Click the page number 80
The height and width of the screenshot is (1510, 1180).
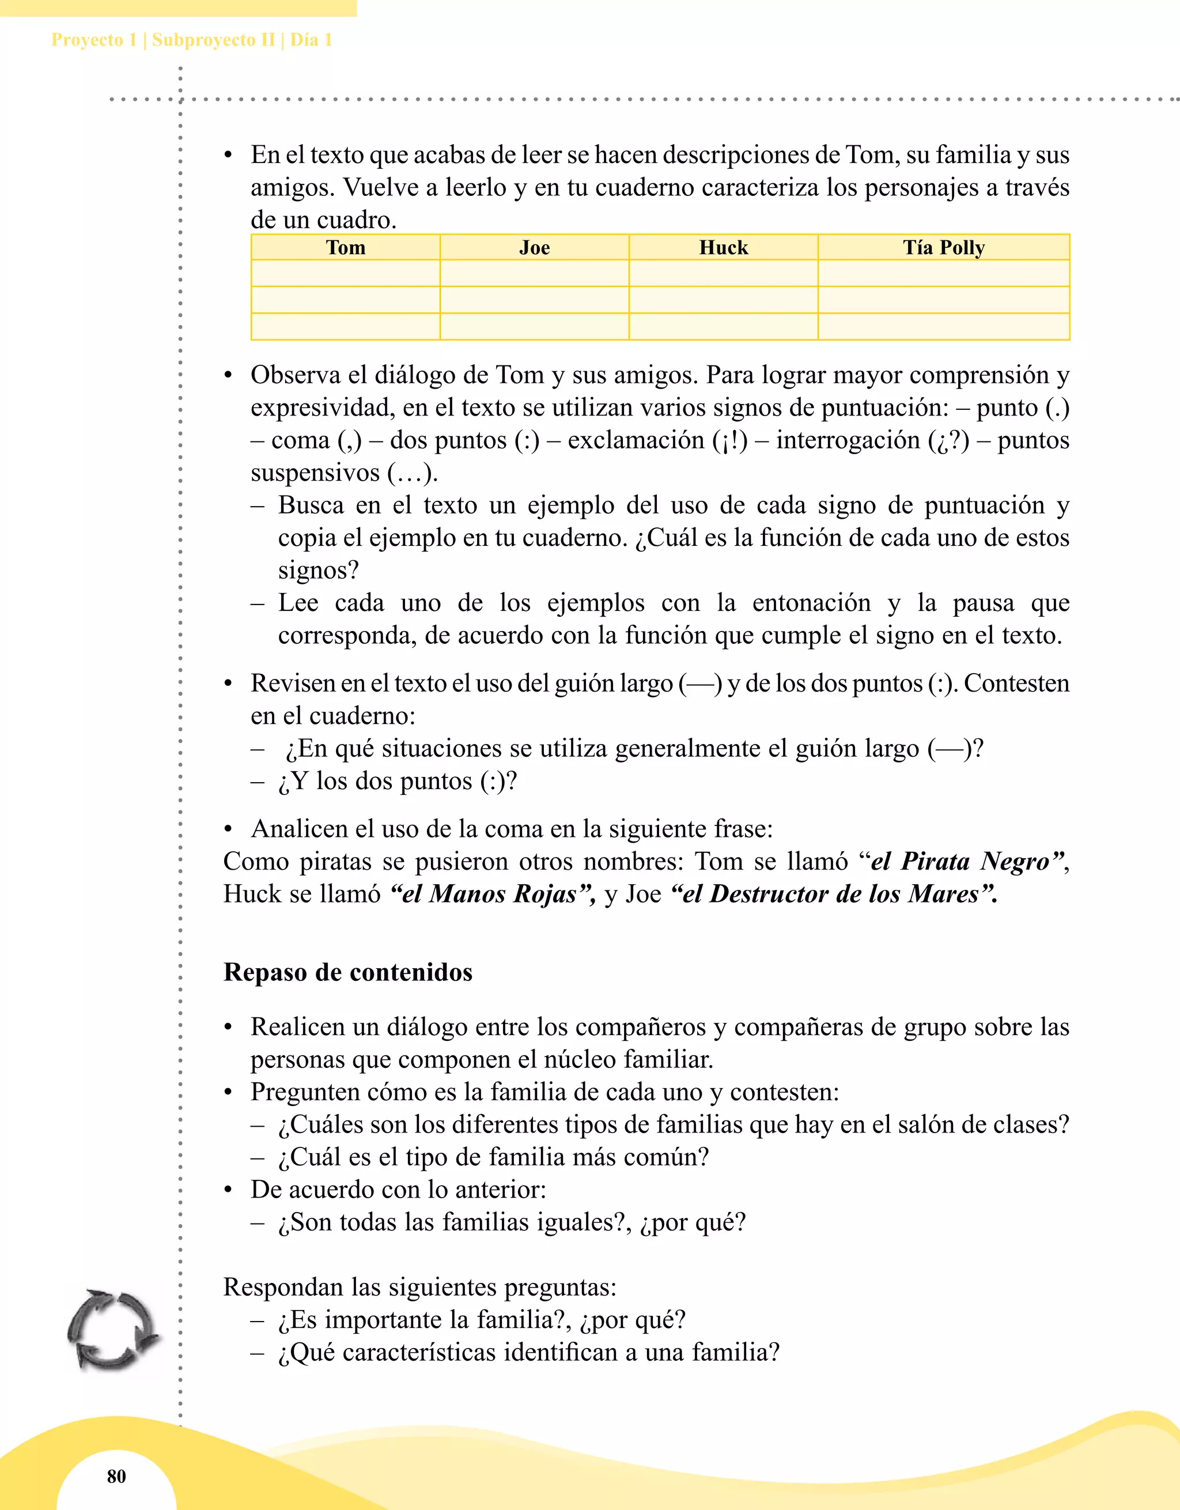[x=116, y=1476]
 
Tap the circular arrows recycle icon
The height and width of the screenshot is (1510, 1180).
[x=112, y=1329]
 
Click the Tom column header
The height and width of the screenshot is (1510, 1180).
[x=346, y=247]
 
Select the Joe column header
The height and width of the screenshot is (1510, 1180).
[x=534, y=247]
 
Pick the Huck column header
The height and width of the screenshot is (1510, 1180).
[x=723, y=247]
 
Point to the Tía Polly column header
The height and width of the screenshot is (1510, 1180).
[x=944, y=247]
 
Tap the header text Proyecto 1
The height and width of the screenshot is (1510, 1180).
[x=94, y=40]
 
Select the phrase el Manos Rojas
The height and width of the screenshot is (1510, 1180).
[x=492, y=894]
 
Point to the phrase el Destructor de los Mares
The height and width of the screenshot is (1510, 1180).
[x=834, y=894]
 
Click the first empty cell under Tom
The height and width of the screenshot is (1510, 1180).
[x=346, y=273]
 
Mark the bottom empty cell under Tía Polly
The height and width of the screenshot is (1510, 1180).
[x=944, y=326]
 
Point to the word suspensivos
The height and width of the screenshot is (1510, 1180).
[x=315, y=473]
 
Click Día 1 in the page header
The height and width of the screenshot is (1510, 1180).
[x=311, y=40]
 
